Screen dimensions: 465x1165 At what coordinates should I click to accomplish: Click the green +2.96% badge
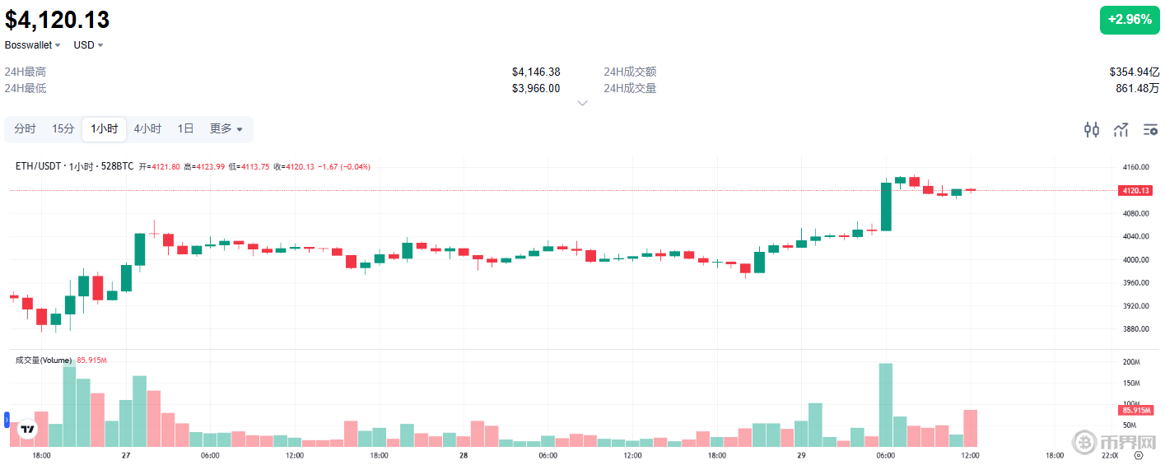(x=1129, y=20)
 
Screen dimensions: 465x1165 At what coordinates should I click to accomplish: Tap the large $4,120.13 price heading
(x=58, y=20)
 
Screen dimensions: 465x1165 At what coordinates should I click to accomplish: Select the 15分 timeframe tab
(x=63, y=128)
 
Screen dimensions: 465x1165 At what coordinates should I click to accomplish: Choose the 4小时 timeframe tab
(x=148, y=128)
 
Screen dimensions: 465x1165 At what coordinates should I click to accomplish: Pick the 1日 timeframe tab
(x=185, y=128)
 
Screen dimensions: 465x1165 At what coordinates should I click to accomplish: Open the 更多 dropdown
(x=226, y=128)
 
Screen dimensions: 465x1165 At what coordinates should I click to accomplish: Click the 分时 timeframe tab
(x=25, y=128)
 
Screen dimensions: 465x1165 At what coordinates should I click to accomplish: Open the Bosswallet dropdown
(x=33, y=44)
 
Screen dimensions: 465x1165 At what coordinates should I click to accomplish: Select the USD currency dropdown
(x=88, y=44)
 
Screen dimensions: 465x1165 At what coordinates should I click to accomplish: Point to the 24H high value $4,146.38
(x=535, y=72)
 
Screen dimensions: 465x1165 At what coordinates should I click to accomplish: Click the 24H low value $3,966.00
(x=535, y=88)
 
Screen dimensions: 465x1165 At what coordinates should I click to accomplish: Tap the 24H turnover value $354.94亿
(x=1134, y=72)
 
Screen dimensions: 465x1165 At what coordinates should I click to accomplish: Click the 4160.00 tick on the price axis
(x=1135, y=167)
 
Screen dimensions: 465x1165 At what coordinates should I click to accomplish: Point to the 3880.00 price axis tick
(x=1135, y=329)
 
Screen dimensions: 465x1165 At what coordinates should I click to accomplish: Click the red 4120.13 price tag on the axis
(x=1135, y=191)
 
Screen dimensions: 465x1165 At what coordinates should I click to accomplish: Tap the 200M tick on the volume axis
(x=1130, y=362)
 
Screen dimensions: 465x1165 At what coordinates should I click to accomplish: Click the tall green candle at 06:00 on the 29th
(x=886, y=206)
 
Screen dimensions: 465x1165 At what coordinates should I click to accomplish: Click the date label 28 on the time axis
(x=464, y=455)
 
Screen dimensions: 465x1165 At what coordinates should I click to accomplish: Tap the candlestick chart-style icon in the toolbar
(x=1092, y=129)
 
